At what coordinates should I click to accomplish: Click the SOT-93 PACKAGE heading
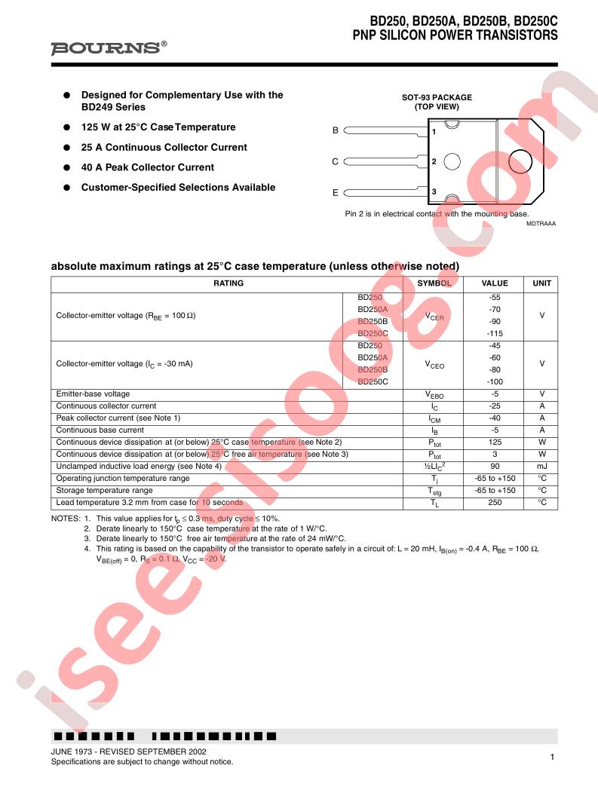[x=437, y=97]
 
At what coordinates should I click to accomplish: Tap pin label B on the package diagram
[x=336, y=130]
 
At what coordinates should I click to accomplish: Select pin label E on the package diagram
[x=336, y=193]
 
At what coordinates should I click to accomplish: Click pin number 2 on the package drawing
[x=434, y=161]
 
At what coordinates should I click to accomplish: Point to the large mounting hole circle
[x=523, y=161]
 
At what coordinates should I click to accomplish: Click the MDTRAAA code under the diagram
[x=541, y=224]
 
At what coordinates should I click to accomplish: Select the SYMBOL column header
[x=434, y=283]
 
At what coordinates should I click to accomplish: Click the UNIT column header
[x=541, y=283]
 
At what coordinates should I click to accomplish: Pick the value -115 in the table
[x=495, y=333]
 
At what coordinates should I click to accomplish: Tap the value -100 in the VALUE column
[x=495, y=382]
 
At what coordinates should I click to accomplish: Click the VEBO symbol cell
[x=434, y=394]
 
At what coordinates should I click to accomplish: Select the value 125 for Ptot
[x=495, y=442]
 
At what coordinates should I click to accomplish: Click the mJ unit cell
[x=541, y=467]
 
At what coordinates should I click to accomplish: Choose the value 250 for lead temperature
[x=495, y=503]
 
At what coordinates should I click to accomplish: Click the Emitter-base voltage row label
[x=93, y=394]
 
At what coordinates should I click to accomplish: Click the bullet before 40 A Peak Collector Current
[x=66, y=167]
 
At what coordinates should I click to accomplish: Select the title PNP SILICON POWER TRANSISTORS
[x=455, y=35]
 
